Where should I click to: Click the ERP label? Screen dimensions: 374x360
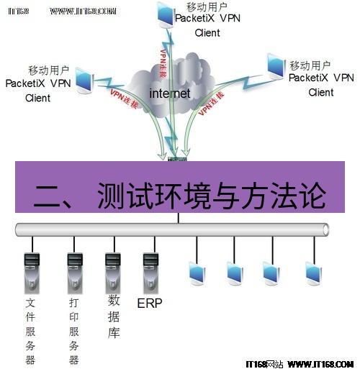[x=150, y=303]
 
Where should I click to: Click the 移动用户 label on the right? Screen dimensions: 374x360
[x=310, y=63]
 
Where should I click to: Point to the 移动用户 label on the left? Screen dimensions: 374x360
[x=48, y=70]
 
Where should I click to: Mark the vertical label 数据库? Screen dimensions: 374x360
[x=113, y=316]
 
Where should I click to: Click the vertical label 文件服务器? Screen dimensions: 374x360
[x=30, y=332]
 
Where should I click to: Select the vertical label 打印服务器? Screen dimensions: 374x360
[x=73, y=332]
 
